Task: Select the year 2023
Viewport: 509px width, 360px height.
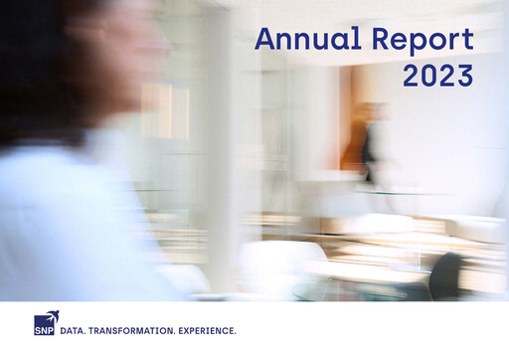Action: tap(437, 75)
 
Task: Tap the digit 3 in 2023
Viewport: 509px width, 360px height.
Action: tap(463, 75)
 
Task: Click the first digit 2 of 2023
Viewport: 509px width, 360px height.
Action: tap(412, 75)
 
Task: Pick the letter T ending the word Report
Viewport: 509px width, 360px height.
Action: tap(467, 40)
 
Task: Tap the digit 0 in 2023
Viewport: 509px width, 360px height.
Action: tap(429, 75)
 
